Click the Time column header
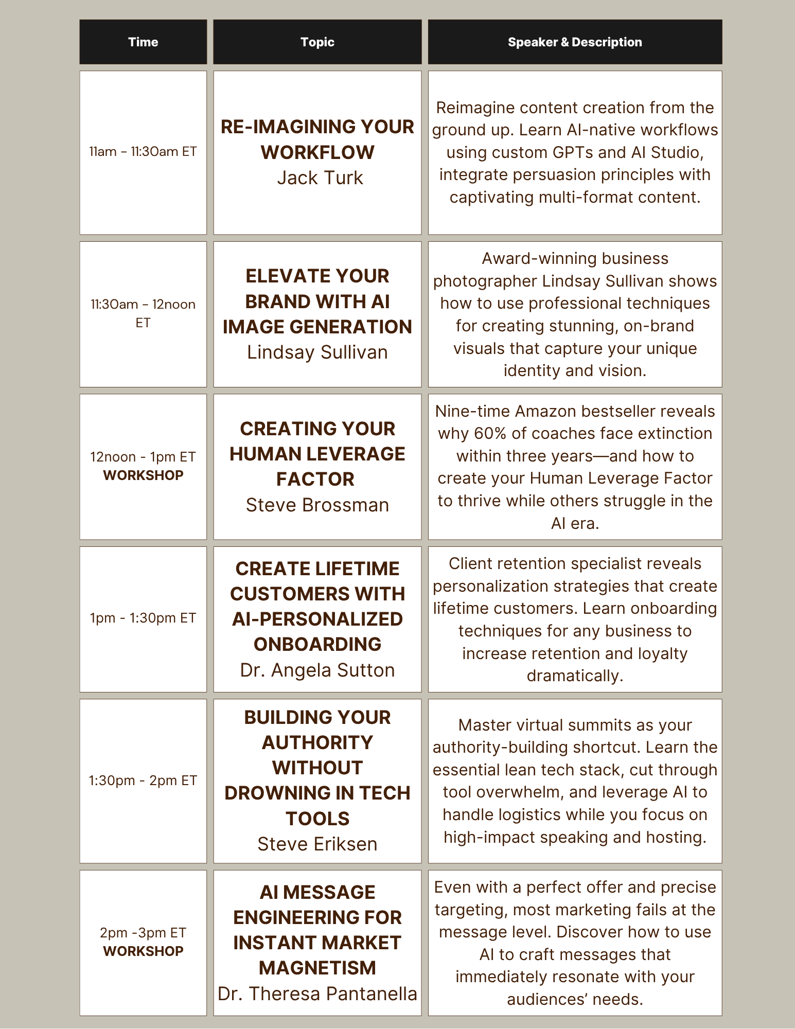[143, 42]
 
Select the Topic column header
[317, 42]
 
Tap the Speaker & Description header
[575, 42]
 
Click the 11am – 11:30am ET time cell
[143, 152]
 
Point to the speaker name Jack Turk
[320, 178]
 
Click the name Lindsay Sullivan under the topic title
[317, 352]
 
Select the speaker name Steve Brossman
[317, 505]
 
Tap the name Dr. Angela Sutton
[317, 670]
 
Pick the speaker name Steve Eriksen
[317, 844]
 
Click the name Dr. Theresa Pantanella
[317, 994]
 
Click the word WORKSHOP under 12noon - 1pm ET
[143, 475]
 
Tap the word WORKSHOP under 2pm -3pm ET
[143, 951]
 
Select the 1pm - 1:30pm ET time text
[143, 618]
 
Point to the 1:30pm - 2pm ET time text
[143, 780]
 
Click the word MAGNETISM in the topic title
[317, 968]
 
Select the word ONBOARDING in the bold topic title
[317, 645]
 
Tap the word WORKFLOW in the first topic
[317, 152]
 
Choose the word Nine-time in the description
[473, 412]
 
